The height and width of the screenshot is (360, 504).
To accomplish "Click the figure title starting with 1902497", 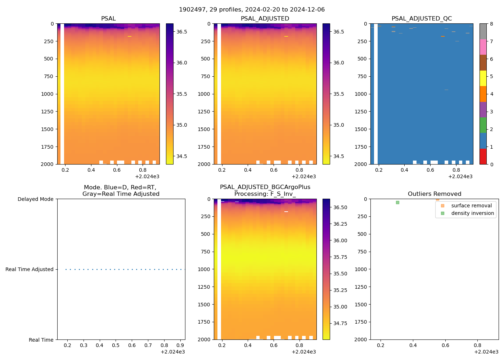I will point(252,9).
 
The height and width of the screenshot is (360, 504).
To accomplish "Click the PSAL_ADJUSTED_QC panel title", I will point(422,18).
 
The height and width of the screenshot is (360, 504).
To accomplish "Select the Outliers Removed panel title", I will point(434,194).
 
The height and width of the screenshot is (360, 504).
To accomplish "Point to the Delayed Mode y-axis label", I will point(35,199).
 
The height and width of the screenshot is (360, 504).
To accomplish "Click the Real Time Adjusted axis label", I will point(29,269).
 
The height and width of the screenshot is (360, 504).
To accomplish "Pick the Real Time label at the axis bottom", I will point(41,340).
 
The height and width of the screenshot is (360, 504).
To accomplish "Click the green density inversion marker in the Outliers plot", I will point(397,202).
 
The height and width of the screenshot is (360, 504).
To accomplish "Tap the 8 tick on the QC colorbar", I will point(491,24).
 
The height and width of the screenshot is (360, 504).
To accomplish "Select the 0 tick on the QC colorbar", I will point(491,164).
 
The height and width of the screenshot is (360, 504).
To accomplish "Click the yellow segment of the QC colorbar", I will point(483,78).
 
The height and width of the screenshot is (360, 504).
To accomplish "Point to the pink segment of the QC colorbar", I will point(483,47).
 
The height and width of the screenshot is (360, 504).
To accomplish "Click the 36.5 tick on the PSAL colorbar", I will point(181,32).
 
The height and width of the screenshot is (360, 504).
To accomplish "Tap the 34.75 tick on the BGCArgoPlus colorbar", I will point(340,323).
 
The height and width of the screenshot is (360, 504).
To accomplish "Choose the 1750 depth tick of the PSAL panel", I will point(47,147).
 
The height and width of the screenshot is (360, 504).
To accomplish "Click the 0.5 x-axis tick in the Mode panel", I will point(116,346).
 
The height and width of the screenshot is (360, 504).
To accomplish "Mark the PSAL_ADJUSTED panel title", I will point(265,18).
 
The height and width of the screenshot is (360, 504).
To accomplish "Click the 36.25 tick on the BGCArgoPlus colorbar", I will point(340,224).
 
